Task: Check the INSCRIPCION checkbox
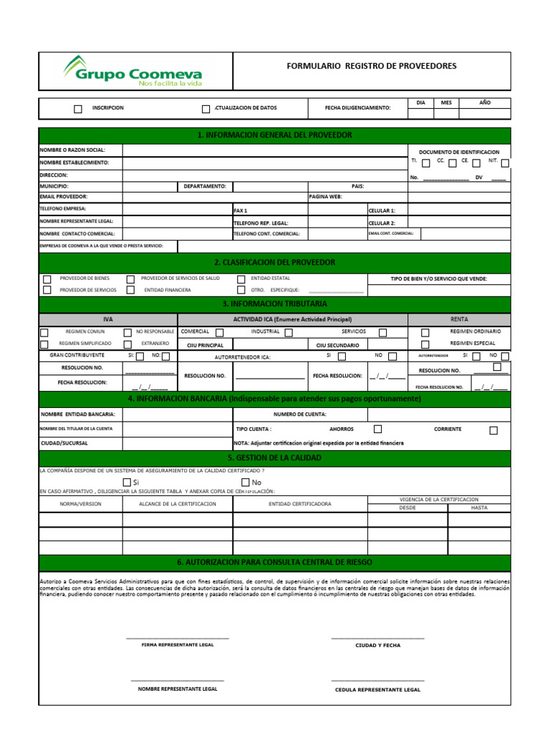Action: coord(78,109)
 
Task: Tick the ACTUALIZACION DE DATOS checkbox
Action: coord(206,109)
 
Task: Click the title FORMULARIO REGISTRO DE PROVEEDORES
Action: coord(371,66)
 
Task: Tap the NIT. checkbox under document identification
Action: coord(506,163)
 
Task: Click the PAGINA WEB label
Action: coord(325,196)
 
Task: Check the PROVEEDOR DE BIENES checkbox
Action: coord(47,279)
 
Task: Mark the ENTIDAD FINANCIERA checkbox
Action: coord(130,290)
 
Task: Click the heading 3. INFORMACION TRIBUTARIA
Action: coord(275,304)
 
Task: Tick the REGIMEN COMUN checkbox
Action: coord(44,332)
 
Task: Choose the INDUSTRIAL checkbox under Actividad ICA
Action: coord(288,332)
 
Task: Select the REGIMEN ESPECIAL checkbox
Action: coord(425,344)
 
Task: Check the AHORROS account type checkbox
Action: coord(377,429)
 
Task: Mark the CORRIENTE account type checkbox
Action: coord(493,430)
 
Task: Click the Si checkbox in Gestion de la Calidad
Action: coord(127,482)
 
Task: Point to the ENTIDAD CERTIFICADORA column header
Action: coord(300,504)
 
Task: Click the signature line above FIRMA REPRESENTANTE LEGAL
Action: coord(178,637)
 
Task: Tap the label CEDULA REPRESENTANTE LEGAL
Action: coord(377,690)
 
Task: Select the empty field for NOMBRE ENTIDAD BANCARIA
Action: coord(178,414)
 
